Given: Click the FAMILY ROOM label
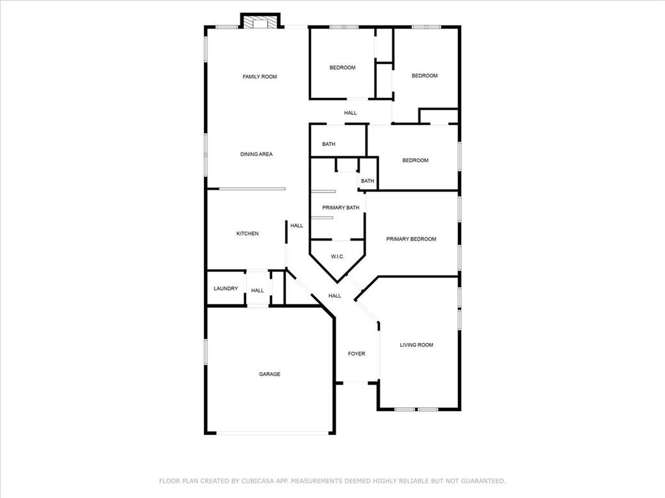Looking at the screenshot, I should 260,77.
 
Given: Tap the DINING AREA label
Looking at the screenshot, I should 257,154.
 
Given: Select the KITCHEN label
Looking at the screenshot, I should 247,233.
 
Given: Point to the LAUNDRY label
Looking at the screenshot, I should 225,289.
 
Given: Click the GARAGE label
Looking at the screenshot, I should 270,374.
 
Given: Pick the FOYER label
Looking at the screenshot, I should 357,354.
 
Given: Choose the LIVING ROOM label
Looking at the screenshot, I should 416,345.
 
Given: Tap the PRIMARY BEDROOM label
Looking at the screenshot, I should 411,239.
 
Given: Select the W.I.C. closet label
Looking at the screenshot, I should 338,257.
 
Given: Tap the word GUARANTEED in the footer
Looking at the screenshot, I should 482,481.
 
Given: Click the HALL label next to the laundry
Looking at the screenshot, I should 258,290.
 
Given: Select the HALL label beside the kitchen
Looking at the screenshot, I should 297,226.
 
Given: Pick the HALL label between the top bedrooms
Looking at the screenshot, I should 351,113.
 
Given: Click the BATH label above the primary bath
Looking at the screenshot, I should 329,144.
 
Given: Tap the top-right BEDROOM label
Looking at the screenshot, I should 425,76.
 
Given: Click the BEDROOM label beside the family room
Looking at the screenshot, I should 342,67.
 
